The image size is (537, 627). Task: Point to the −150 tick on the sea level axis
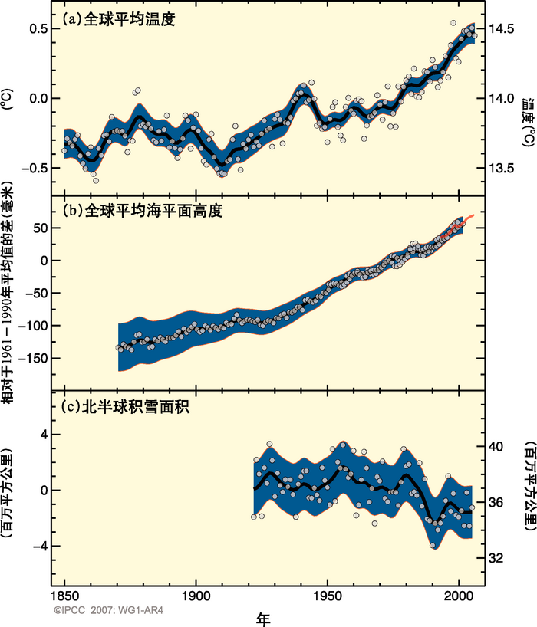point(37,358)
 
